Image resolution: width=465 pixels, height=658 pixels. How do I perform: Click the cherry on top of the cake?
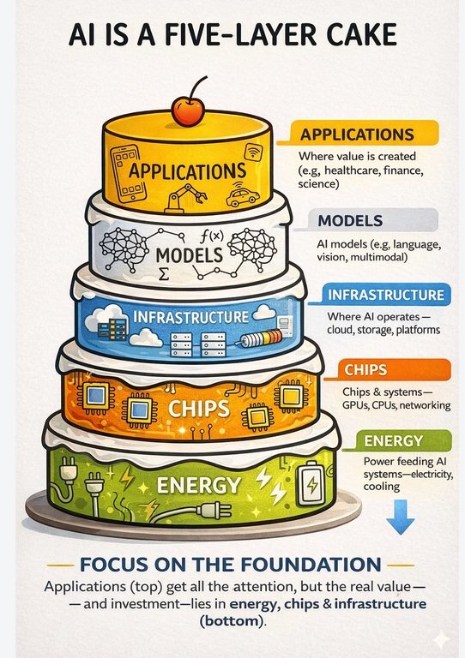pyautogui.click(x=189, y=111)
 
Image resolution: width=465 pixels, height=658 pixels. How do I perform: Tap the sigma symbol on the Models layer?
pyautogui.click(x=163, y=274)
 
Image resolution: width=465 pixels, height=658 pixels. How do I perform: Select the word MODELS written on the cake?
pyautogui.click(x=190, y=255)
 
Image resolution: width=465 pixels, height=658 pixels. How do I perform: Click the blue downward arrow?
pyautogui.click(x=401, y=517)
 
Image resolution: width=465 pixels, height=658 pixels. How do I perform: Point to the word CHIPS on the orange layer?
pyautogui.click(x=199, y=409)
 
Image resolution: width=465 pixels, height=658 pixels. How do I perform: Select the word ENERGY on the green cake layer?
pyautogui.click(x=199, y=485)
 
